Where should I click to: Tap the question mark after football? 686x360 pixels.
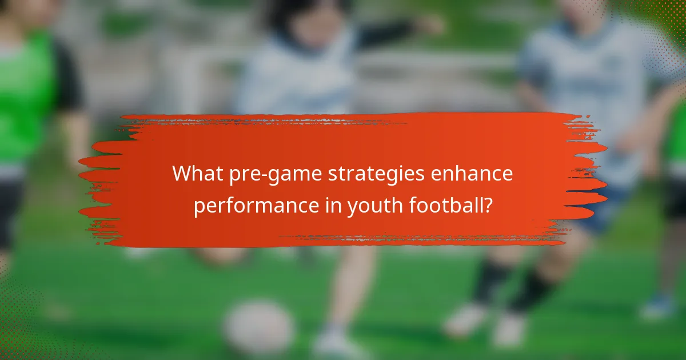coord(488,205)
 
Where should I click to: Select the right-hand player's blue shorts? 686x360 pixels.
coord(600,211)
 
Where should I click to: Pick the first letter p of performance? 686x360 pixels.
coord(198,207)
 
